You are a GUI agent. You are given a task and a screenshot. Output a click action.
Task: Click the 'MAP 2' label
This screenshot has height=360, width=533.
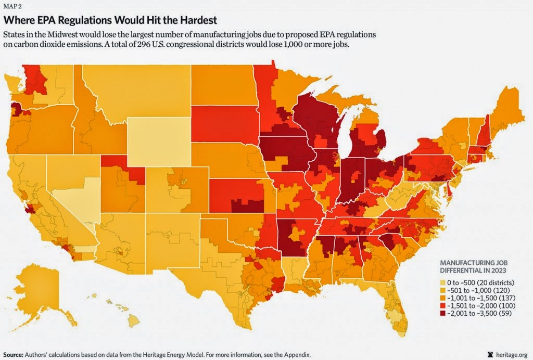point(13,7)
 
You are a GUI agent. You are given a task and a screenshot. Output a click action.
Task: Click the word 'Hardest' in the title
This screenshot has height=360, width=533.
point(196,20)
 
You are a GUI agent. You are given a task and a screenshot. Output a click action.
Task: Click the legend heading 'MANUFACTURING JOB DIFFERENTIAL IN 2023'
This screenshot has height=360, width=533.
point(471,267)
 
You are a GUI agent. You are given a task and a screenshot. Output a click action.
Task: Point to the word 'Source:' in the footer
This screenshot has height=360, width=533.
point(16,354)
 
